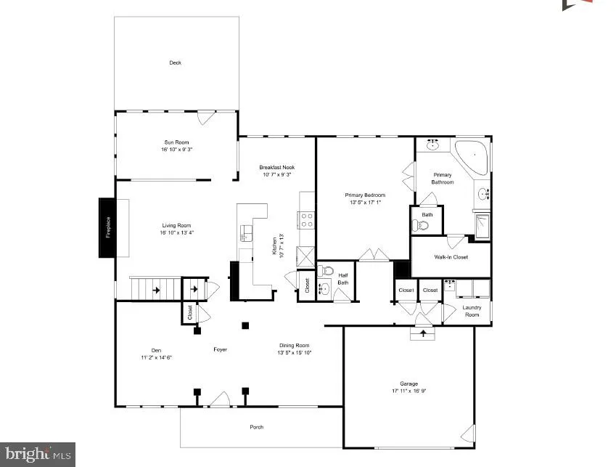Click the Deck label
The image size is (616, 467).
tap(175, 63)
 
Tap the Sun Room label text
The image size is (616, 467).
tap(177, 142)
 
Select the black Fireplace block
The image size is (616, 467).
tap(107, 227)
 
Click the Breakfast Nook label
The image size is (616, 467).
tap(277, 168)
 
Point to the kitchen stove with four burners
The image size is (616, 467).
tap(306, 219)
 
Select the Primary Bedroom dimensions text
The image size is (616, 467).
tap(364, 203)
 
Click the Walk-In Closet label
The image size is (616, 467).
tap(451, 257)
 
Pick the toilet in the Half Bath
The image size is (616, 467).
tap(327, 271)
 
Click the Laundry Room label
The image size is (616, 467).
tap(472, 311)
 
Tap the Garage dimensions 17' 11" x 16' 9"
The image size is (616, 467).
tap(408, 391)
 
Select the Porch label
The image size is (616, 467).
tap(258, 427)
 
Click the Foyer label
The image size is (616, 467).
tap(220, 350)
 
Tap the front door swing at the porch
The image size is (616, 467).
tap(220, 399)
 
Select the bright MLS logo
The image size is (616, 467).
tap(38, 454)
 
